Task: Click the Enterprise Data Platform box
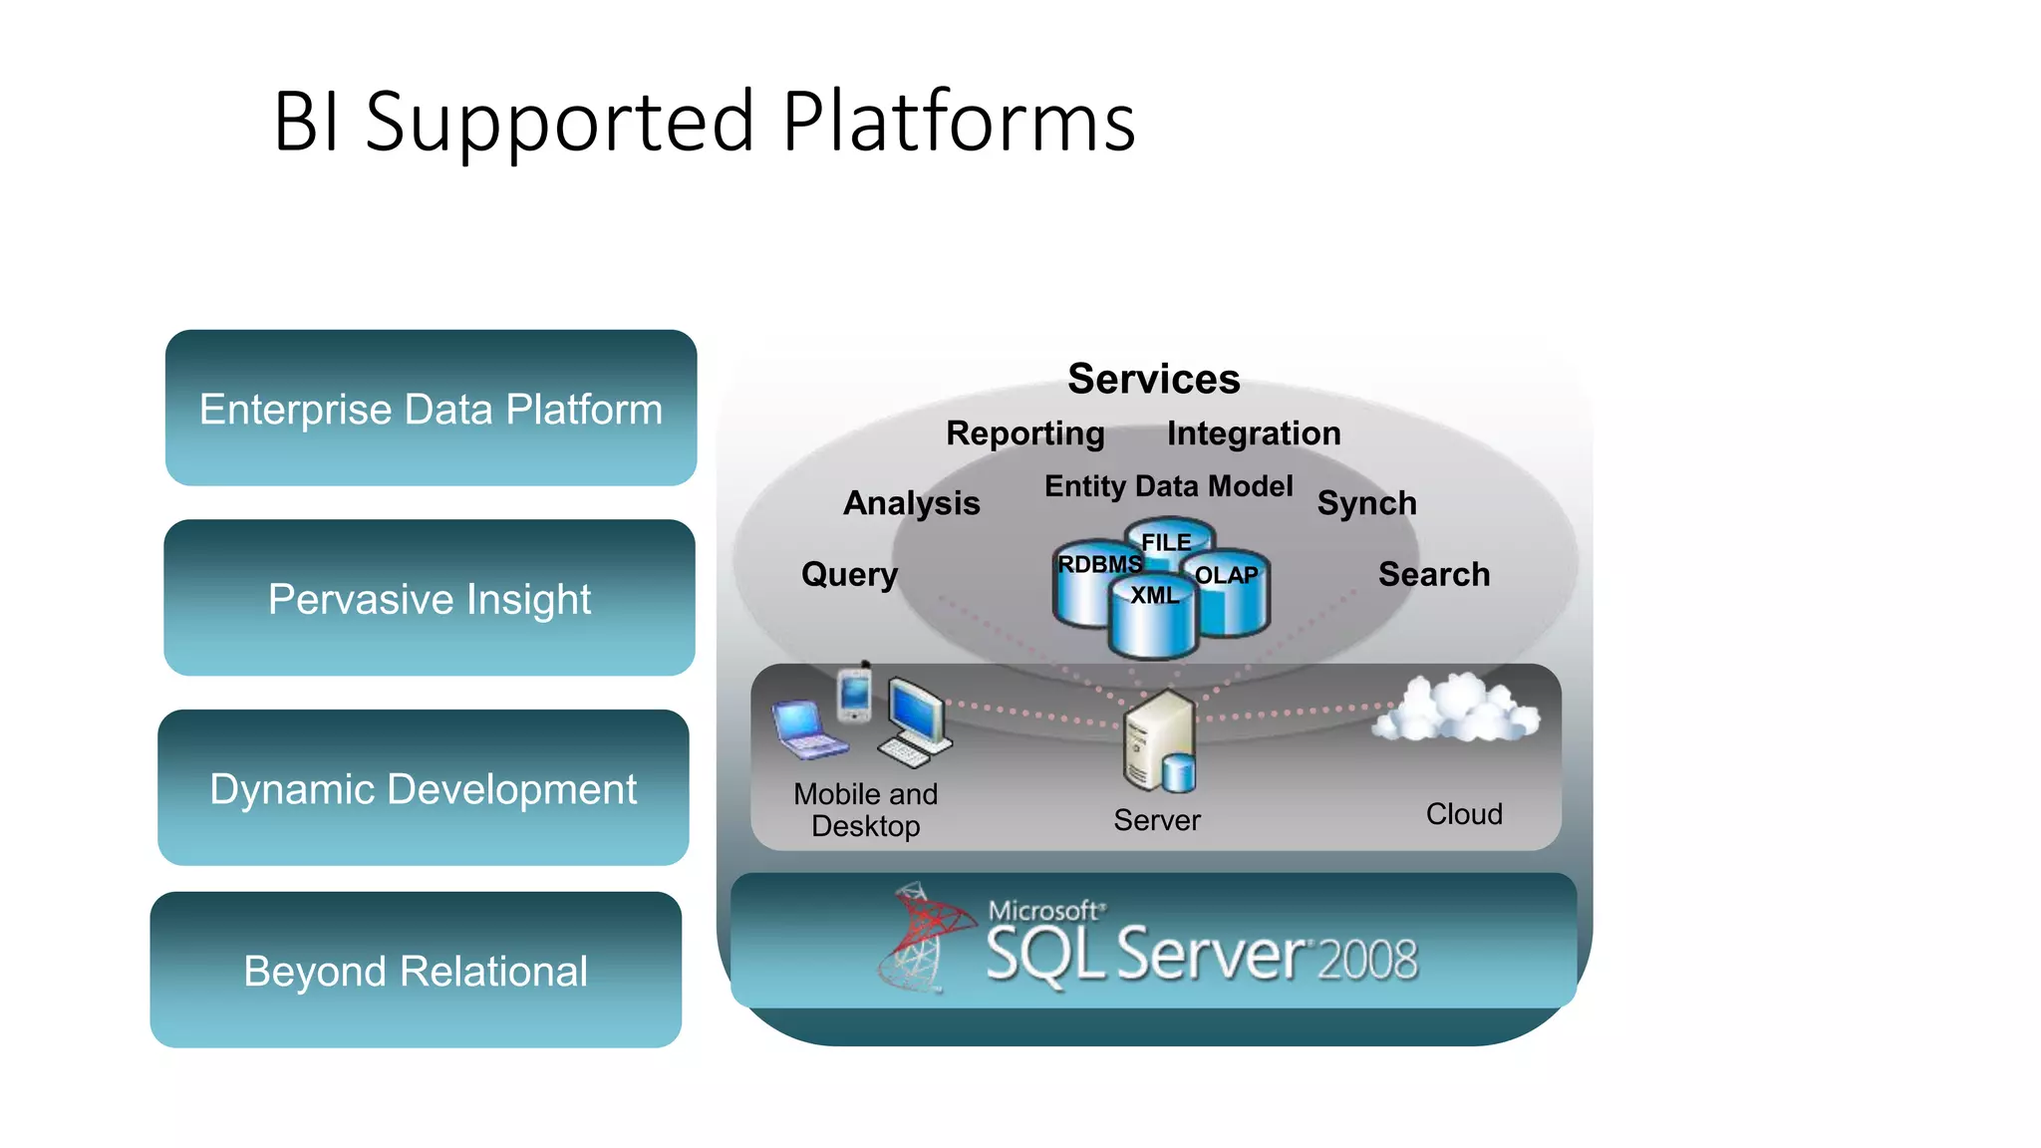point(431,409)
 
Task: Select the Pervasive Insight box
point(430,598)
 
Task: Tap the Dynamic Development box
point(423,788)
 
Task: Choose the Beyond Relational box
point(416,971)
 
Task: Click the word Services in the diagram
point(1153,379)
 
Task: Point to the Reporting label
point(1024,433)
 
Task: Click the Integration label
point(1253,433)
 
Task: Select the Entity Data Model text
point(1168,486)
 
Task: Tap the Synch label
point(1366,503)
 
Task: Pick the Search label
point(1433,575)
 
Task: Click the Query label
point(849,575)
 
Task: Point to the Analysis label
point(911,503)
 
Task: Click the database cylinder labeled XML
point(1153,623)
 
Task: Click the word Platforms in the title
point(958,122)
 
